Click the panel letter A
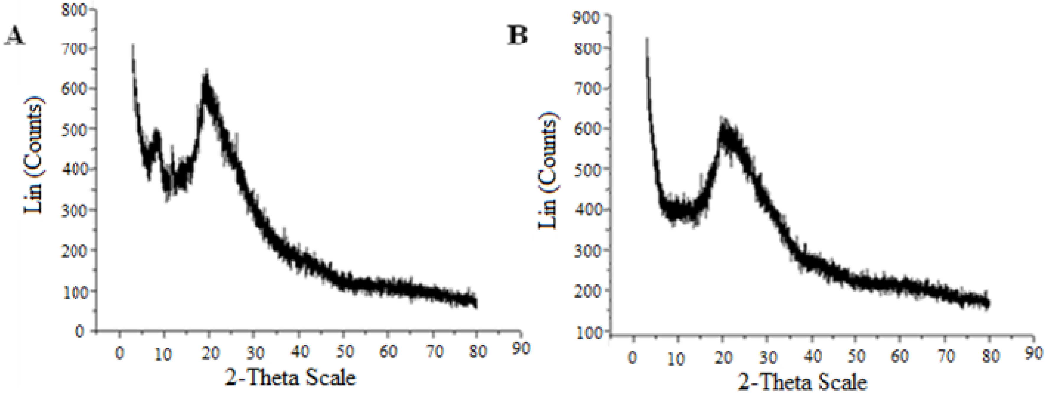click(14, 38)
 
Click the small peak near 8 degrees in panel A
click(156, 132)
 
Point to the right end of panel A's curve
click(476, 304)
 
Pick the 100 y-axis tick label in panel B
click(586, 332)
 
